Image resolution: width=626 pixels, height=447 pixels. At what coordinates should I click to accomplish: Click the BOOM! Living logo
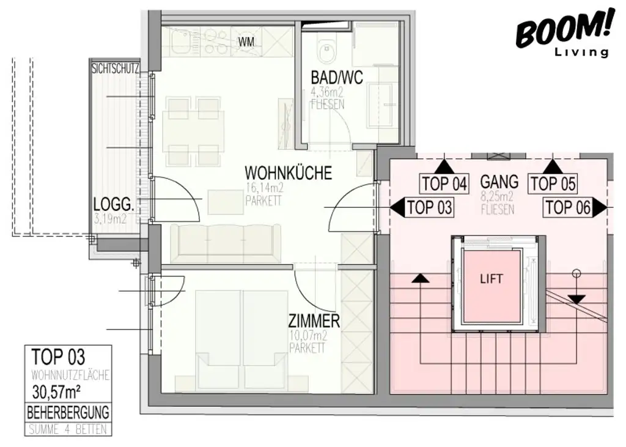point(563,33)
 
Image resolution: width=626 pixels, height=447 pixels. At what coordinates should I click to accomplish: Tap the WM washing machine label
point(246,42)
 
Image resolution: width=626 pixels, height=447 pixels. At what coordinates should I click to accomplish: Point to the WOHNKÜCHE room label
point(288,173)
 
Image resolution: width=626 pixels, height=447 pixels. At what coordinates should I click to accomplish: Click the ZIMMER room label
point(314,321)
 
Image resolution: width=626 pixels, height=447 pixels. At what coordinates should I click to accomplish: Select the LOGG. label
point(112,204)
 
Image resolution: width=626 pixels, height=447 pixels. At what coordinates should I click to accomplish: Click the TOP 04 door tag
point(444,183)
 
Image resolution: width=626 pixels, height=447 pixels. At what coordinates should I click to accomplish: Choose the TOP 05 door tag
point(553,183)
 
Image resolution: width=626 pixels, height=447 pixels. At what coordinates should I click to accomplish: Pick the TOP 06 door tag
point(568,208)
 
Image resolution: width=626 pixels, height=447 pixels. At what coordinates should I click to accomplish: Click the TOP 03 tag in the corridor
point(429,208)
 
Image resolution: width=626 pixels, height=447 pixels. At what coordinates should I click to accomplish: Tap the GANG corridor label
point(499,182)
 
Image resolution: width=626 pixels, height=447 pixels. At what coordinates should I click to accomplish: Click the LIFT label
point(492,279)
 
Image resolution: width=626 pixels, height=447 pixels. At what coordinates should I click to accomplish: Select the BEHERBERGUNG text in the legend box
point(68,412)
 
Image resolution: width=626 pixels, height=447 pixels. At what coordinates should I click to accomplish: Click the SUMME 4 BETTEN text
point(68,429)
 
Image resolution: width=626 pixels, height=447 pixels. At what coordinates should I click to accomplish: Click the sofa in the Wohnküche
point(226,243)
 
